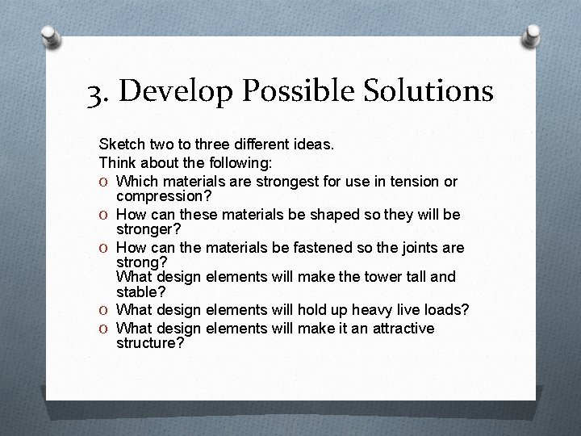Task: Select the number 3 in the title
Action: point(97,92)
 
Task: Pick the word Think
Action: point(118,161)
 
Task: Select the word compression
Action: point(162,195)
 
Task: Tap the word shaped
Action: point(330,214)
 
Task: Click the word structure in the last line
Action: point(148,342)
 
